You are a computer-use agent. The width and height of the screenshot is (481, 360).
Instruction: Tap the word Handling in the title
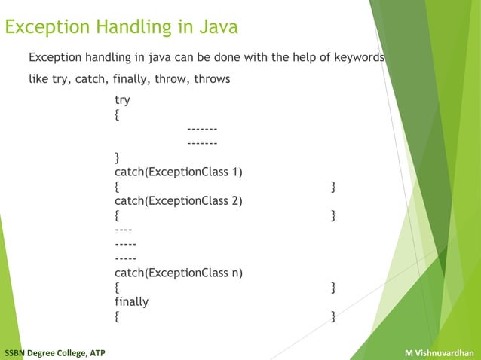point(127,28)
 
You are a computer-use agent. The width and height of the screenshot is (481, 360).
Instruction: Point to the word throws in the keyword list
point(212,78)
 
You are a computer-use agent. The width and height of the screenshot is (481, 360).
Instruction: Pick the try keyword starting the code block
point(122,100)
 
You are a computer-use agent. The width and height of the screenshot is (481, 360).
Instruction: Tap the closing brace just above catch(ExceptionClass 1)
point(116,157)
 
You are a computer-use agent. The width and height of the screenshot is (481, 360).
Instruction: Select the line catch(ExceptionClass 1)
point(178,172)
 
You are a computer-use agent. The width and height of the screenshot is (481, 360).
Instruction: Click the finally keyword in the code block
point(131,301)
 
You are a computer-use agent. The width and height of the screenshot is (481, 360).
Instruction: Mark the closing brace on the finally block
point(333,316)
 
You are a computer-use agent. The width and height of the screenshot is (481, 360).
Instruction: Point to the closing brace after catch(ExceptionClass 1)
point(333,186)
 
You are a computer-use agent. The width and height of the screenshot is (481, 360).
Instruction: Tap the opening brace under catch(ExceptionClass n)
point(116,287)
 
